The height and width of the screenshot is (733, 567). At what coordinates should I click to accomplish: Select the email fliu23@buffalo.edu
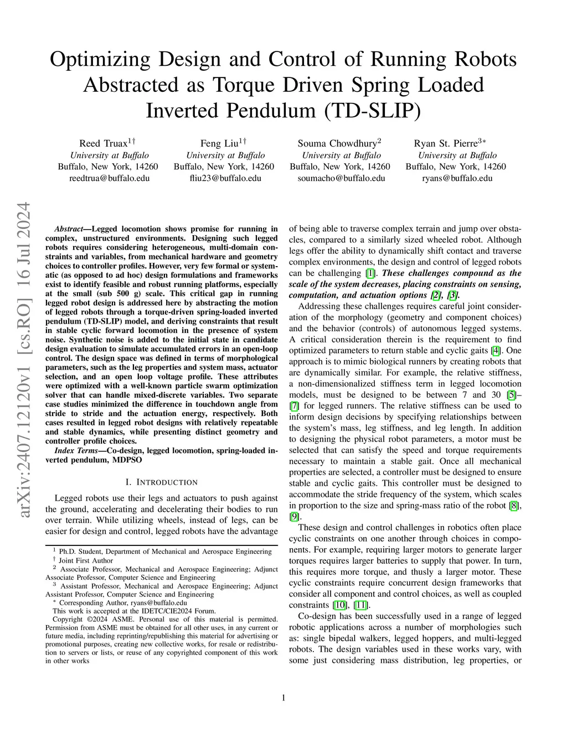[224, 178]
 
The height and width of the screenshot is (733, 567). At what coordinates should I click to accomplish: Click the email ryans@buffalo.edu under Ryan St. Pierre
[457, 178]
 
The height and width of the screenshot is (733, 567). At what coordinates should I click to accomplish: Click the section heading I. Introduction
[161, 482]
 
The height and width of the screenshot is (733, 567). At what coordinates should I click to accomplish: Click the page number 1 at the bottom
[283, 698]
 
